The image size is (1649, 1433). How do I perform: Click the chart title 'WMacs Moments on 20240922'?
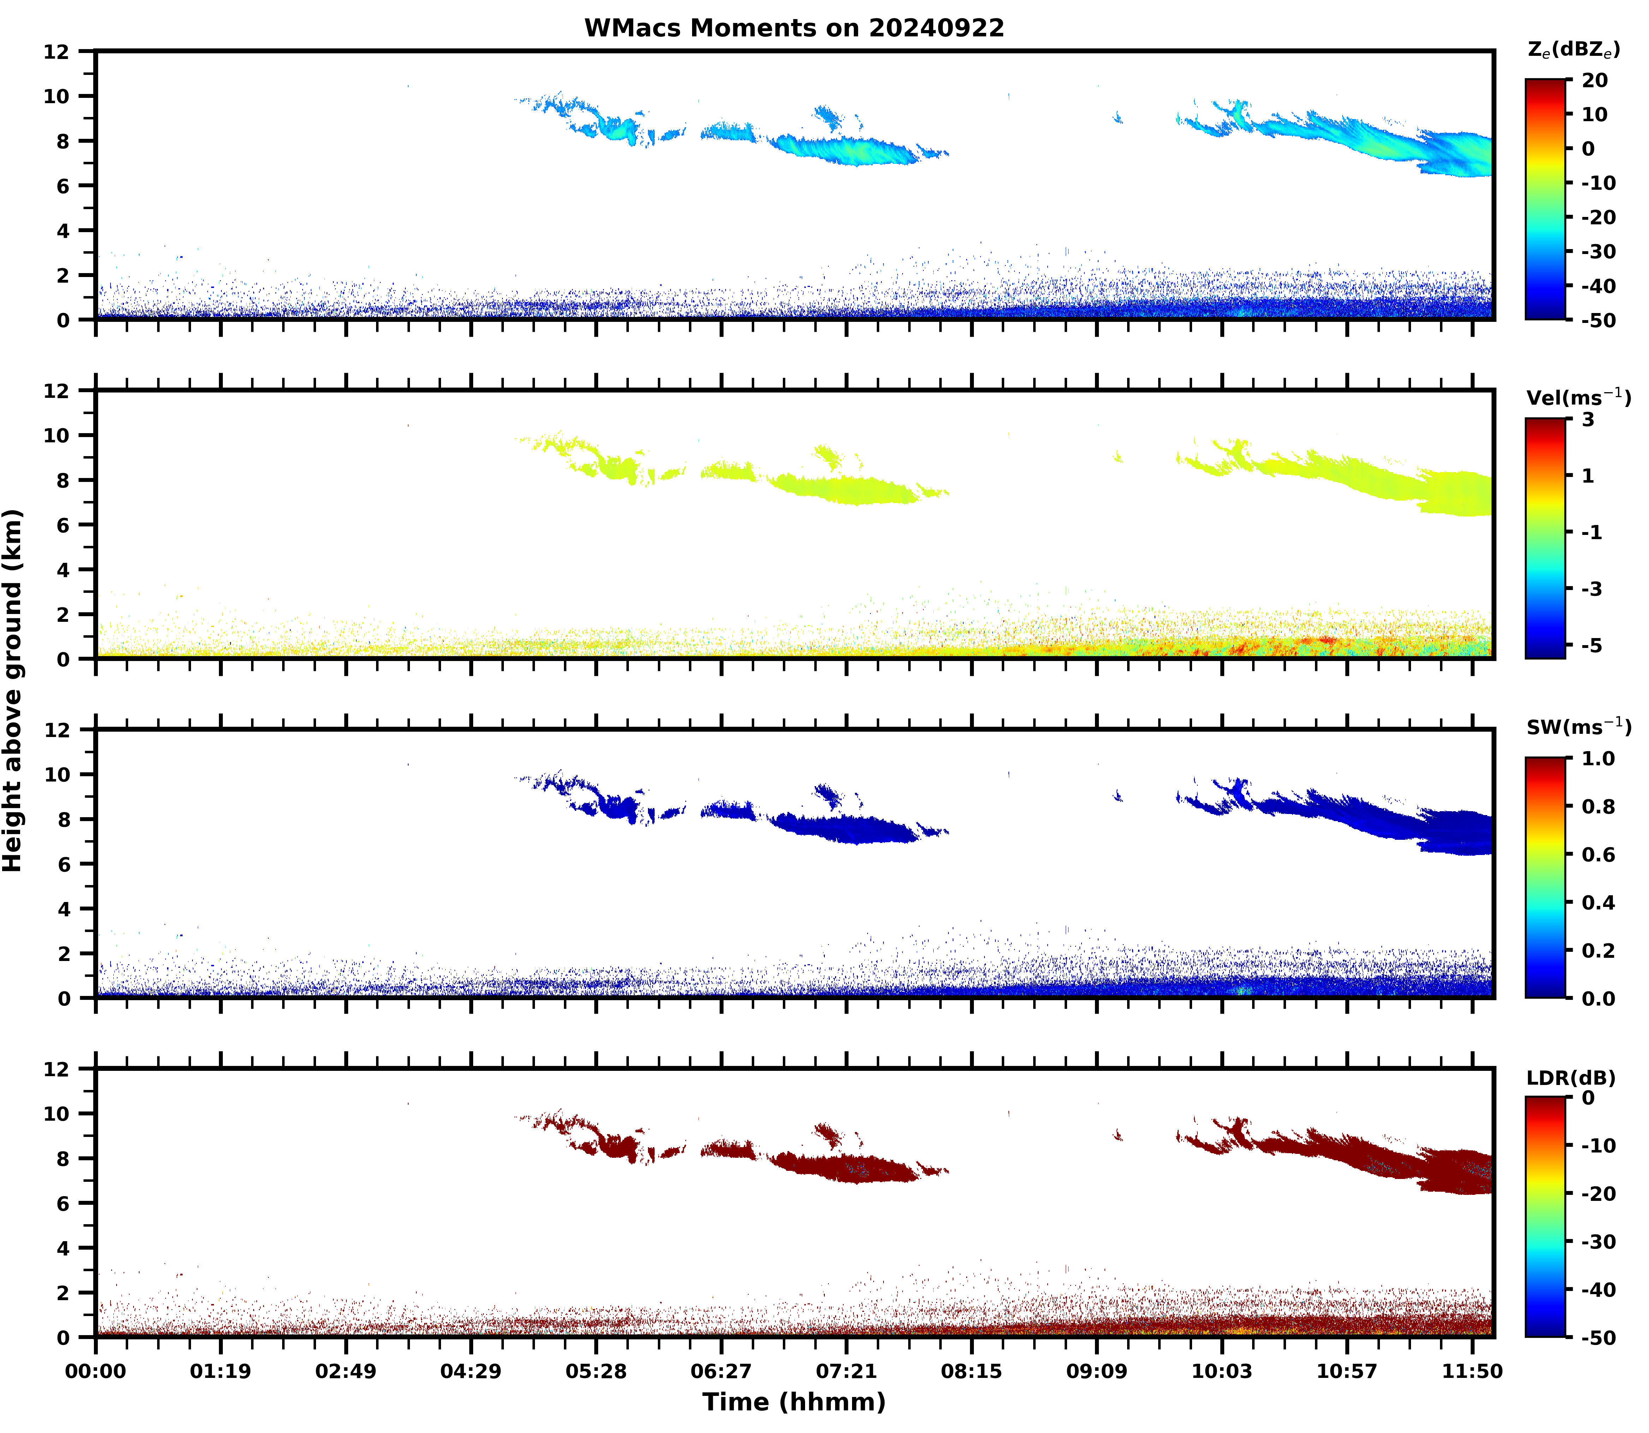click(x=794, y=28)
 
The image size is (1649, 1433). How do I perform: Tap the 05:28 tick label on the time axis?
click(x=595, y=1372)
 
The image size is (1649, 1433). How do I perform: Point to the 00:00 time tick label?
click(x=96, y=1372)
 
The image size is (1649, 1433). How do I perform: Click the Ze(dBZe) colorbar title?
click(x=1573, y=49)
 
